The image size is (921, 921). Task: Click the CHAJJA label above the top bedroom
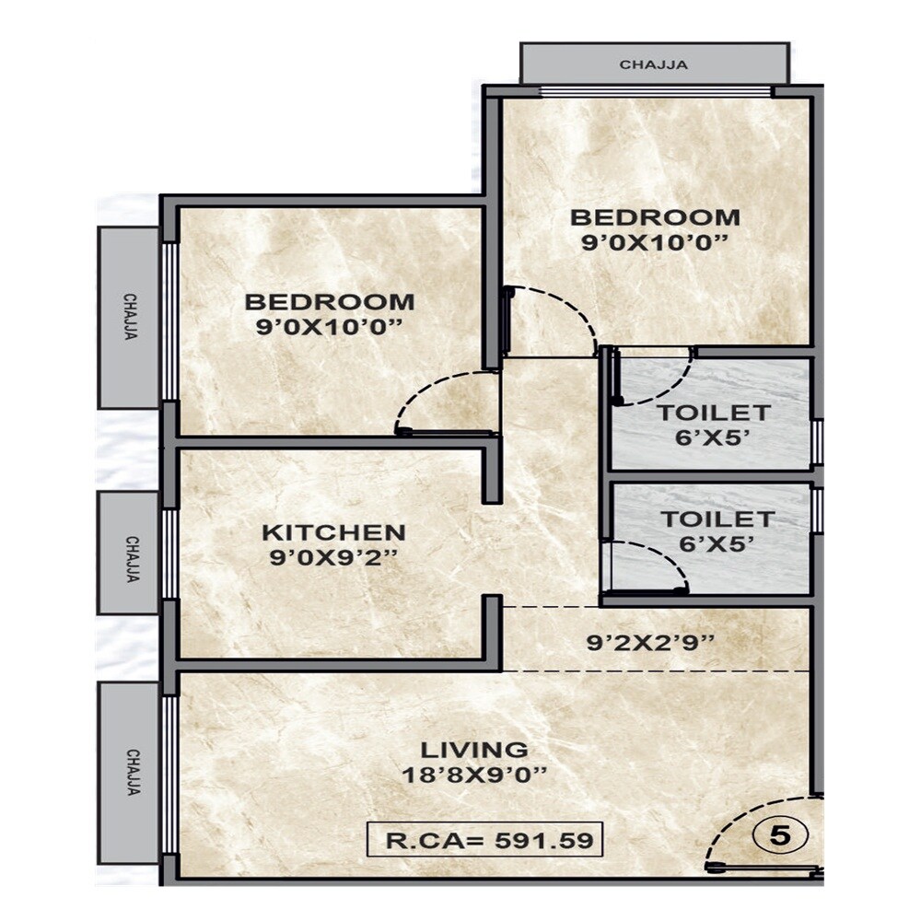[654, 64]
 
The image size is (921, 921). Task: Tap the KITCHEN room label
[333, 532]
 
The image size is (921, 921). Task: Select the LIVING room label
[474, 749]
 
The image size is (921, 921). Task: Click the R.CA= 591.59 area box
[484, 839]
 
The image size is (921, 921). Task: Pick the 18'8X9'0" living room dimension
[474, 775]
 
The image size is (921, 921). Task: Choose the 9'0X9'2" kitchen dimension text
[333, 557]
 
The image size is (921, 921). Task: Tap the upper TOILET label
[714, 412]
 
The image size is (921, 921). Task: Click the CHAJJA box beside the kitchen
[128, 553]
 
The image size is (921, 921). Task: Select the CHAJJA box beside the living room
[129, 772]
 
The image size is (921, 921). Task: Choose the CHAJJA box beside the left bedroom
[129, 317]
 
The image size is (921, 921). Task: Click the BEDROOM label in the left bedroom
[330, 301]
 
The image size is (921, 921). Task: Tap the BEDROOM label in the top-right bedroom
[655, 217]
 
